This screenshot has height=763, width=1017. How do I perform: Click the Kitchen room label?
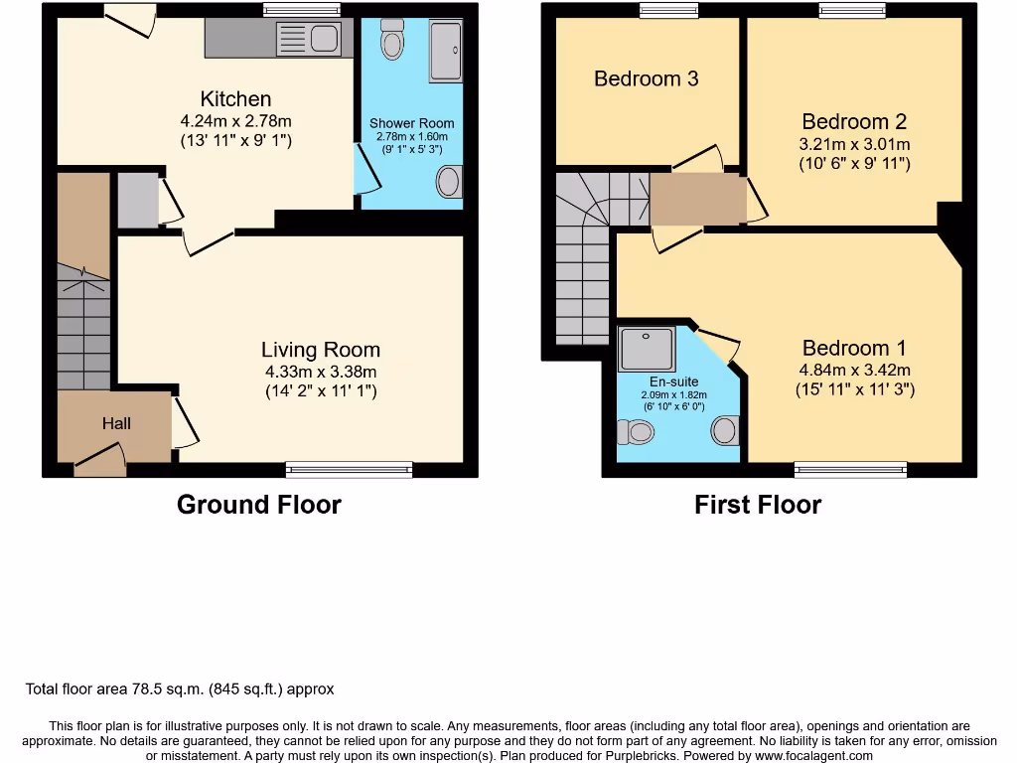235,99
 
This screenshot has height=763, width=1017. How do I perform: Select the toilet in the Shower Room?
392,42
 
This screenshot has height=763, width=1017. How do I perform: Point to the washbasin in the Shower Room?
450,183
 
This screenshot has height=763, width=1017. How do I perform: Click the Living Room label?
320,350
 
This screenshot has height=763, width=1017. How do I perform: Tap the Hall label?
116,423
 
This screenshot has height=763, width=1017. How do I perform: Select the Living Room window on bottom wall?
349,469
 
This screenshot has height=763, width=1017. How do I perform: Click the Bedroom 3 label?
646,78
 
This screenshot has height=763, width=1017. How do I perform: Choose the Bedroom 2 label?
853,122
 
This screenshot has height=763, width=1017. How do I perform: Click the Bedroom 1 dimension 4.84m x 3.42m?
854,371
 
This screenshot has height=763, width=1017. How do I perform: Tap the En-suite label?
674,381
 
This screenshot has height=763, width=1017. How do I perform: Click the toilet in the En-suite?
636,431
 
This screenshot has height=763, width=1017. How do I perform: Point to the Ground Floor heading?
258,505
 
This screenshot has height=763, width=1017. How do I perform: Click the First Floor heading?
757,505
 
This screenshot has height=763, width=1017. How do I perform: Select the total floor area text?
180,688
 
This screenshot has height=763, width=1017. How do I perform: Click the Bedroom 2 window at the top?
852,11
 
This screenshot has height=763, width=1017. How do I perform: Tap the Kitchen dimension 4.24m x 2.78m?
235,121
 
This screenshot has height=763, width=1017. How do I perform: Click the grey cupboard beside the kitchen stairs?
137,201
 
